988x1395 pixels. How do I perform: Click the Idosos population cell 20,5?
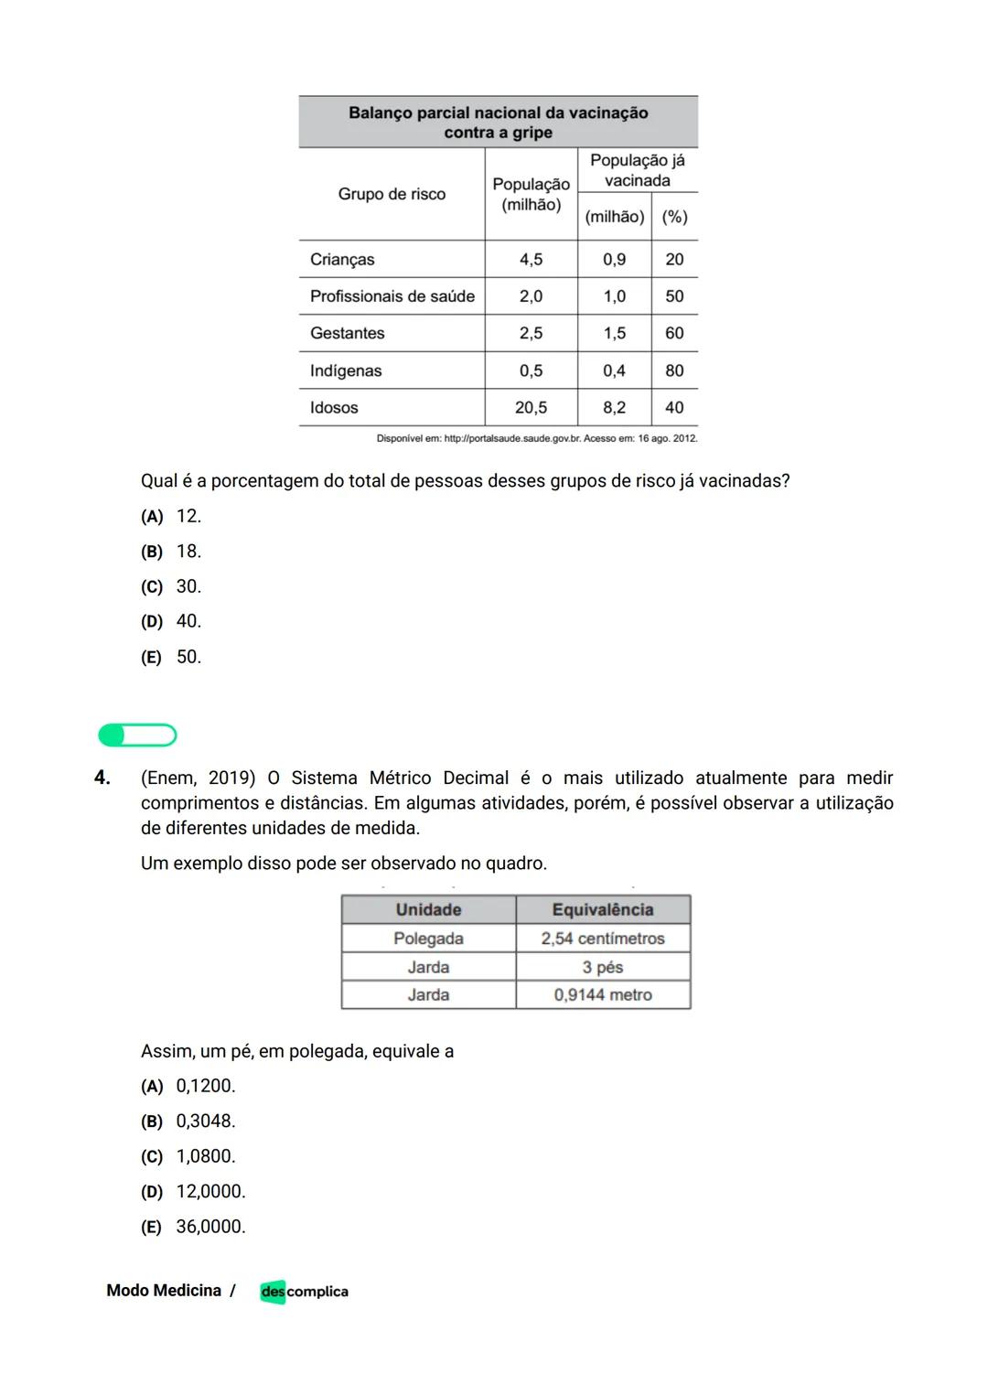pos(531,408)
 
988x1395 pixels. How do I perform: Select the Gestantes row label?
pos(347,334)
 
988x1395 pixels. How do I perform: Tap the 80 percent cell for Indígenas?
pos(674,370)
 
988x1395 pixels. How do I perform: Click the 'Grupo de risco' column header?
pos(392,194)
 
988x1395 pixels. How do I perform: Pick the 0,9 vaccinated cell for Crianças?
pos(614,260)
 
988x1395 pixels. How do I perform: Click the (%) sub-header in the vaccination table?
pos(674,217)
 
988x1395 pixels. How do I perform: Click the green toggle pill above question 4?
pos(137,735)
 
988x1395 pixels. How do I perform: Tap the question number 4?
pos(102,778)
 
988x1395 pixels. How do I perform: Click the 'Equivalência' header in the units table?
pos(602,909)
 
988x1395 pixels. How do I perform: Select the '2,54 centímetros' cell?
pos(602,939)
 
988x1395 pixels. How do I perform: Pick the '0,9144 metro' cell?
pos(602,995)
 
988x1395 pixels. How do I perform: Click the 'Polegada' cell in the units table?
pos(428,939)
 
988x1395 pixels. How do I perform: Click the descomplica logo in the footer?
pos(304,1292)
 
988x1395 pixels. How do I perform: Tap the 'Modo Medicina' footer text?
pos(164,1291)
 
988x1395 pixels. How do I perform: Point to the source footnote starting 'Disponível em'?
pos(536,439)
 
